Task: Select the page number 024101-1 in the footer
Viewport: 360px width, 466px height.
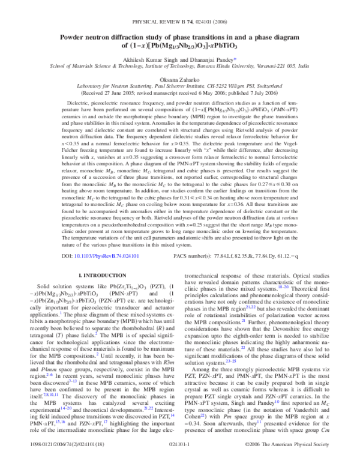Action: [179, 458]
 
